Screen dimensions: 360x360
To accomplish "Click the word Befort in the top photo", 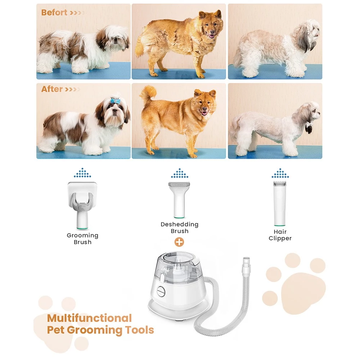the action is coord(54,12).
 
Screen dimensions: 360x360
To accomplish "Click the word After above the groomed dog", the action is coord(52,89).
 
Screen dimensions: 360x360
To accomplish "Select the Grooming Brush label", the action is coord(83,239).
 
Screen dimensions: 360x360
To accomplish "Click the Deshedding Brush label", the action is coord(180,228).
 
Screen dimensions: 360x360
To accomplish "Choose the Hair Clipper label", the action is coord(280,235).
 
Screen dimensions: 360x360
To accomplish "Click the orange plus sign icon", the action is coord(179,242).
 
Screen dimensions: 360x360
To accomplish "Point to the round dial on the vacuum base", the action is coord(161,292).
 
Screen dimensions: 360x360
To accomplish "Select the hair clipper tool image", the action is coord(280,203).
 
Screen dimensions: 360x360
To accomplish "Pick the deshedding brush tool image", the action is coord(179,200).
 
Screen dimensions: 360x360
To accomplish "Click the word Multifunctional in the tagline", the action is coord(89,318).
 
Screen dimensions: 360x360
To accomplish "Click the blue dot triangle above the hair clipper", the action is coord(280,173).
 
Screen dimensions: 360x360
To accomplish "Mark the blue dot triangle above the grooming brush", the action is coord(82,173).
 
